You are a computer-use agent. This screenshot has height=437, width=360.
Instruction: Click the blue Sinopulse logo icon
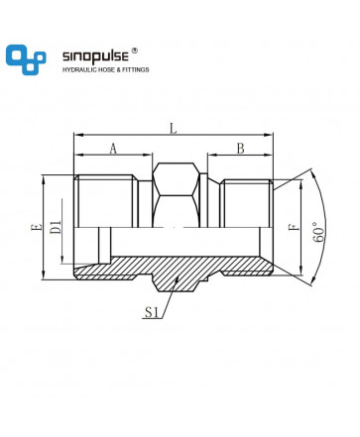click(x=26, y=59)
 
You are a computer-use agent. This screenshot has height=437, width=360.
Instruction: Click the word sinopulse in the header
click(x=95, y=56)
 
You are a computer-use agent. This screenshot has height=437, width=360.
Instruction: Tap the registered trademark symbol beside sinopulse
click(x=135, y=51)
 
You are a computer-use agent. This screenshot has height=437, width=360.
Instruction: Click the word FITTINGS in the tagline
click(x=136, y=69)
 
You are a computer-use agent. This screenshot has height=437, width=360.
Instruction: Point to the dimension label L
click(x=174, y=128)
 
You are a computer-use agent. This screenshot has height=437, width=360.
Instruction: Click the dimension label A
click(x=113, y=149)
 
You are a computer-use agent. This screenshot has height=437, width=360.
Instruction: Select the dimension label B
click(x=240, y=149)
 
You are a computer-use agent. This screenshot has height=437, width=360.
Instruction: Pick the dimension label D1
click(x=57, y=227)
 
